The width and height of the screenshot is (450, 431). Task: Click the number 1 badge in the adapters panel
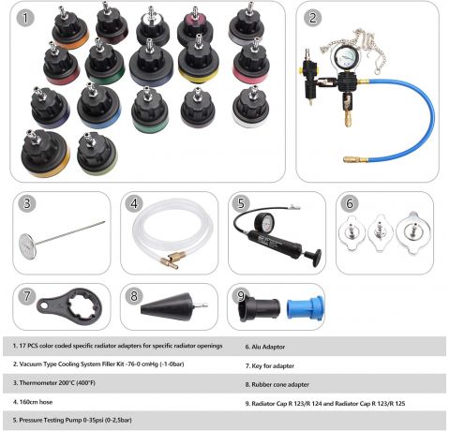click(25, 18)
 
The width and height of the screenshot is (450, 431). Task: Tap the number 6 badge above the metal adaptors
click(350, 203)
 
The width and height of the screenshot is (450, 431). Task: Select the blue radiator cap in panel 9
click(306, 307)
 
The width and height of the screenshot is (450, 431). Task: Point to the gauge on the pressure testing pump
click(265, 222)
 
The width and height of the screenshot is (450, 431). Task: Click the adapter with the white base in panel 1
click(250, 107)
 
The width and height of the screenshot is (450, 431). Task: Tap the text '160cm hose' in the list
click(33, 402)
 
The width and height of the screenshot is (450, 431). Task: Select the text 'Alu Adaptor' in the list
click(265, 347)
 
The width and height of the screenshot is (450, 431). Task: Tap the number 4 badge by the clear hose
click(134, 203)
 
